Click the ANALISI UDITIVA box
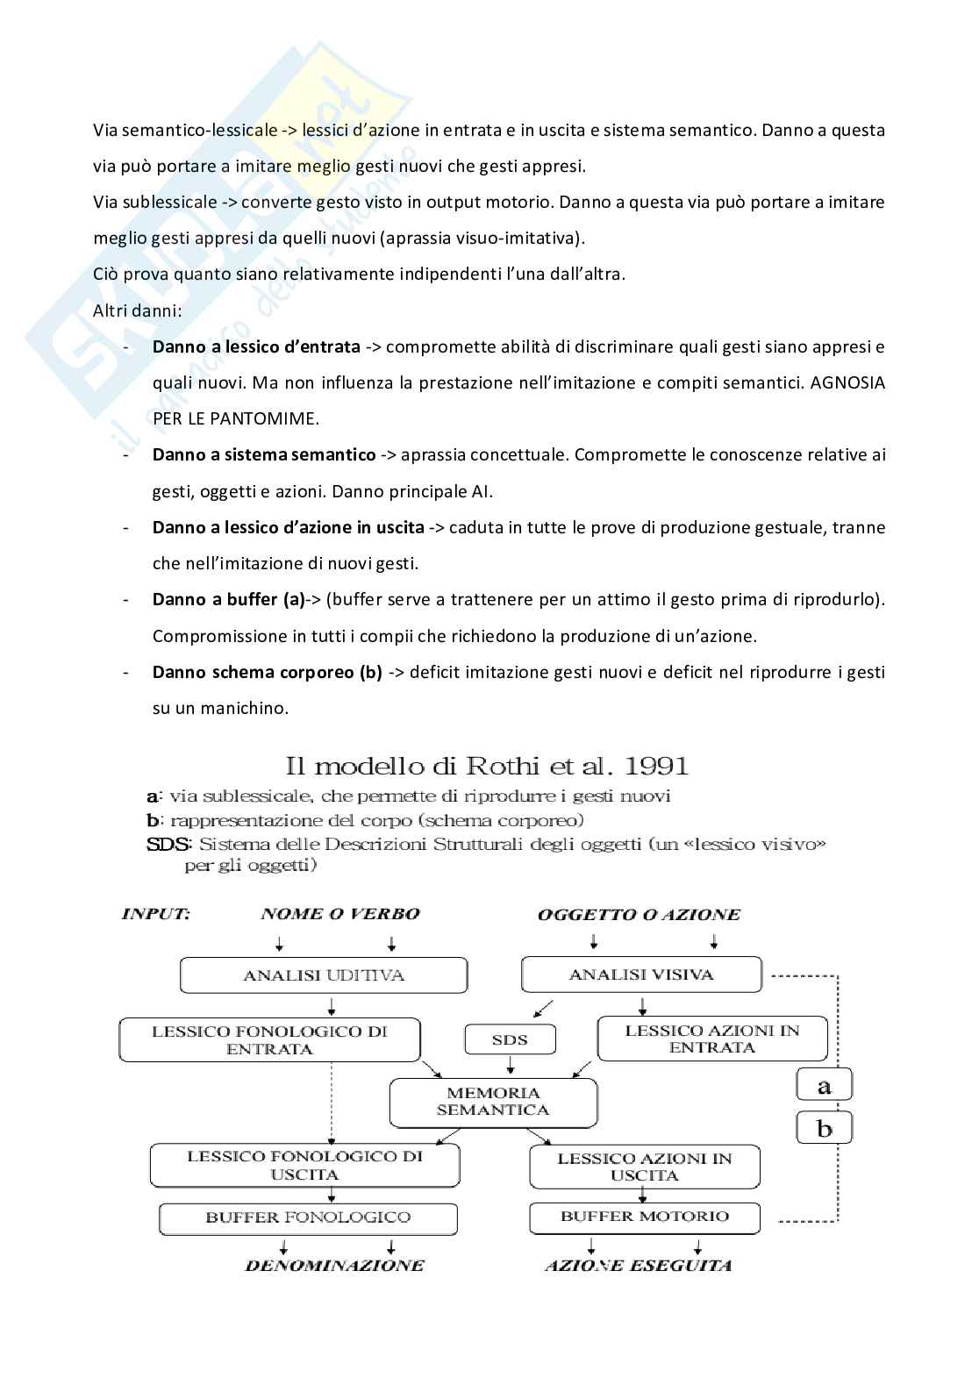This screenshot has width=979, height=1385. (324, 974)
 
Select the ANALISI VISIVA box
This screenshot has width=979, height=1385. (641, 974)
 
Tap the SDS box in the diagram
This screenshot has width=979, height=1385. (510, 1039)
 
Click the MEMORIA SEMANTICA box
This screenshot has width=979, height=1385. (493, 1102)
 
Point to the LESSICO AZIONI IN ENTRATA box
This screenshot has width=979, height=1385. (712, 1039)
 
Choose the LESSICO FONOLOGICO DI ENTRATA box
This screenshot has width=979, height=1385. (269, 1039)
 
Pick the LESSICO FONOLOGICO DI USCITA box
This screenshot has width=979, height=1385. (304, 1165)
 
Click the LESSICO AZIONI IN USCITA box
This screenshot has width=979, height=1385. (645, 1167)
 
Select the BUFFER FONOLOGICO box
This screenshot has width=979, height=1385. (308, 1217)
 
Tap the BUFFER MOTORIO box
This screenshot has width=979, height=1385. (645, 1217)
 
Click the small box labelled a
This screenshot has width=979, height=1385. (824, 1086)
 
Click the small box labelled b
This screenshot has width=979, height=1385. (824, 1128)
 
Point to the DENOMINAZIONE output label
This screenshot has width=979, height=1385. (334, 1265)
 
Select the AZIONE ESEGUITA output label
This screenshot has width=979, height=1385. (639, 1265)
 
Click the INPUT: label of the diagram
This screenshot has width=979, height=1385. (155, 914)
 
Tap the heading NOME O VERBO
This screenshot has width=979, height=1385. (340, 914)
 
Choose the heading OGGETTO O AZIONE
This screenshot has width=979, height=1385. (639, 915)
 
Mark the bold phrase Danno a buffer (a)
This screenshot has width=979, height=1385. (228, 600)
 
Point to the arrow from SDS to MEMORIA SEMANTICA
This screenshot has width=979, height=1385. (510, 1065)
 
